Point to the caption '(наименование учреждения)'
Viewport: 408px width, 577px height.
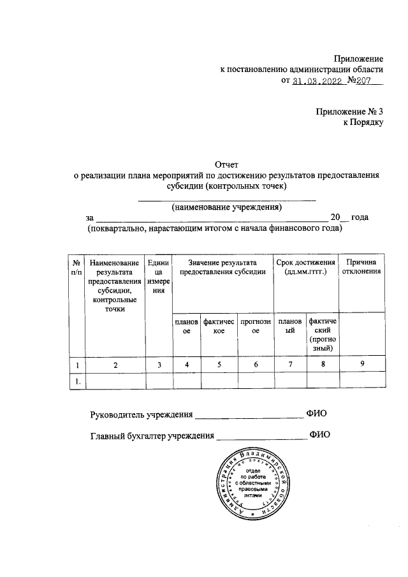click(x=227, y=207)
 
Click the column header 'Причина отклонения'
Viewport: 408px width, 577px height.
click(x=362, y=267)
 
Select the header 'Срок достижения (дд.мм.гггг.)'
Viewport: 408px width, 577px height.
click(x=305, y=267)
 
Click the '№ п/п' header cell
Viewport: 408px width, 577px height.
click(x=76, y=267)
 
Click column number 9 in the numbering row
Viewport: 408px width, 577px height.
click(x=362, y=365)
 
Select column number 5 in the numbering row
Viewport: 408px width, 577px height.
click(x=219, y=365)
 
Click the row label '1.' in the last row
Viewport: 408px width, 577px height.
click(x=76, y=381)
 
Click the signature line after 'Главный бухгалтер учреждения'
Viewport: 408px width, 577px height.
click(x=261, y=437)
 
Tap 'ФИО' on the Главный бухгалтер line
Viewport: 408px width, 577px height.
click(x=319, y=435)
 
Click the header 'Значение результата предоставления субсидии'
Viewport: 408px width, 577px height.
click(x=222, y=267)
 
